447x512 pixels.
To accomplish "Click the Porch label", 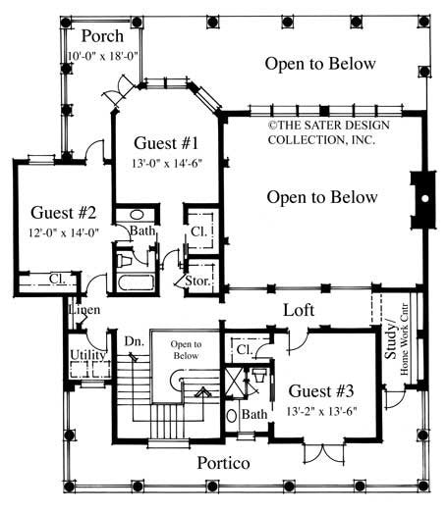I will pyautogui.click(x=102, y=36).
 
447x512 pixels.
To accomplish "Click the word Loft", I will pyautogui.click(x=299, y=309).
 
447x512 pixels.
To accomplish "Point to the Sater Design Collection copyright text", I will pyautogui.click(x=320, y=131).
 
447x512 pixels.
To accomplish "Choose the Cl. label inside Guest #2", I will pyautogui.click(x=58, y=279).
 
